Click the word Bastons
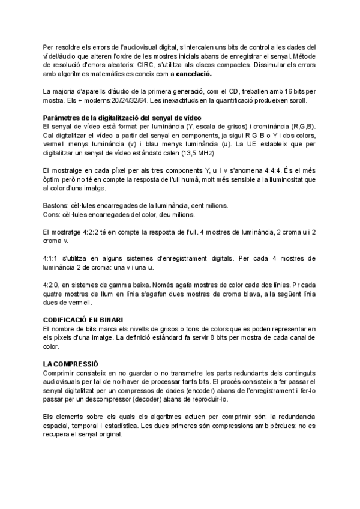pyautogui.click(x=57, y=205)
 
